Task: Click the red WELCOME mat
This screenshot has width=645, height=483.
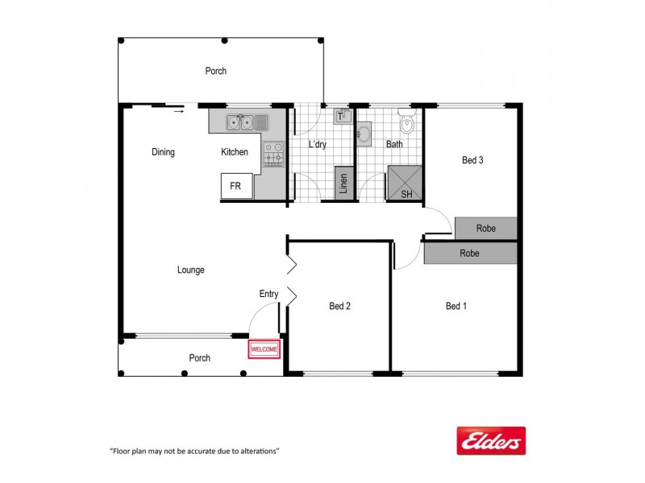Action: pos(264,349)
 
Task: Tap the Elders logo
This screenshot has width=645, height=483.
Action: pos(491,441)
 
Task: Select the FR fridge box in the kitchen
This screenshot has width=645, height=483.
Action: pos(235,186)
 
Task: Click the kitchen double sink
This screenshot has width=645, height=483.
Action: pos(240,122)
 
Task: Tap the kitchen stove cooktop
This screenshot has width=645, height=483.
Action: pos(273,153)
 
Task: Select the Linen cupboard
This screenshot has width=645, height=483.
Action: pos(343,184)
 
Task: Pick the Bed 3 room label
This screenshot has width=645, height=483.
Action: pos(472,160)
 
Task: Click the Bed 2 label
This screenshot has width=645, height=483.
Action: pos(340,306)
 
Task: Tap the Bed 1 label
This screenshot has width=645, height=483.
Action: pos(456,306)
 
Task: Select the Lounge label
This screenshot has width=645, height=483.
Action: pos(191,270)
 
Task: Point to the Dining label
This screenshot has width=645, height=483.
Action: pos(163,152)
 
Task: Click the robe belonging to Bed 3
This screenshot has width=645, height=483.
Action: pos(485,229)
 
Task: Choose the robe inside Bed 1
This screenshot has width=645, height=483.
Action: pos(470,253)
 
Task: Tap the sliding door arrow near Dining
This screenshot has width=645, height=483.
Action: pos(179,111)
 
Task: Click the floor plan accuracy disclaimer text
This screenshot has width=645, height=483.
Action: pos(193,451)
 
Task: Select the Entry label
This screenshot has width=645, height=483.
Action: pos(268,294)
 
